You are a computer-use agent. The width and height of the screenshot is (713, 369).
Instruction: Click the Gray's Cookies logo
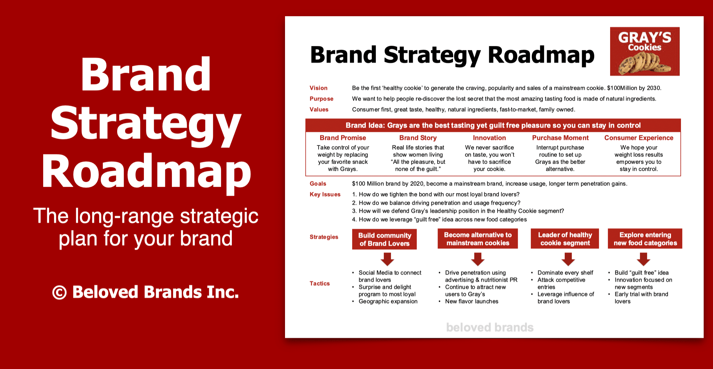(x=645, y=51)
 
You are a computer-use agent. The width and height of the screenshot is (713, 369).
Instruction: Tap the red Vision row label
(x=318, y=88)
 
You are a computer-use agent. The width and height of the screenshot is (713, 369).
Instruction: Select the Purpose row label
(x=321, y=99)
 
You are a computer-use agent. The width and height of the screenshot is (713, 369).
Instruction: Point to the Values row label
(x=319, y=110)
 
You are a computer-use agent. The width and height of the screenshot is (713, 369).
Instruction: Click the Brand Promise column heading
(x=343, y=138)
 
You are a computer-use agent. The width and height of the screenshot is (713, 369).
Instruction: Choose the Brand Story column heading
(x=418, y=138)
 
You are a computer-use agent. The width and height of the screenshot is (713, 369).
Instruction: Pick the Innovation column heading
(x=490, y=138)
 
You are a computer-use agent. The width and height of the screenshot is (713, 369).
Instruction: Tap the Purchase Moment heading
(x=560, y=138)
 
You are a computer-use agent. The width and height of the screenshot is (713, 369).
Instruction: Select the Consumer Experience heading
(x=639, y=138)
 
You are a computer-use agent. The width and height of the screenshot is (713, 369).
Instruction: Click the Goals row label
(x=318, y=184)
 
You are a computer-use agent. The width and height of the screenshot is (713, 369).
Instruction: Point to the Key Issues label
(x=325, y=194)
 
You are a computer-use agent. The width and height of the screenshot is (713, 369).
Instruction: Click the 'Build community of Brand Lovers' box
(x=384, y=239)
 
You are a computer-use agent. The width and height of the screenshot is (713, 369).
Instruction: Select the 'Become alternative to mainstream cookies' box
(x=478, y=239)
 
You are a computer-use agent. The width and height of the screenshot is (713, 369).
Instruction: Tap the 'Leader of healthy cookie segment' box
(x=565, y=239)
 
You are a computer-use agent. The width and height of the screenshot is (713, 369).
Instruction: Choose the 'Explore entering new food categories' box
(x=645, y=239)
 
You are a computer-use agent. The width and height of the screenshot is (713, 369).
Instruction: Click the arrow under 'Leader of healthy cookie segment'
(x=568, y=259)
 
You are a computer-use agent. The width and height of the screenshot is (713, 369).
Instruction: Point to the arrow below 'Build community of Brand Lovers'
(x=387, y=259)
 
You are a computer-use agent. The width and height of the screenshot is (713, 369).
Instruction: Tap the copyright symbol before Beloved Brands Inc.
(x=59, y=293)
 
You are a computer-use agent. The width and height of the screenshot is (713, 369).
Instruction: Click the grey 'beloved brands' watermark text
(x=490, y=327)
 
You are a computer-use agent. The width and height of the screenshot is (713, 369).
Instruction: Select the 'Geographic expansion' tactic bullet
(x=388, y=301)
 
